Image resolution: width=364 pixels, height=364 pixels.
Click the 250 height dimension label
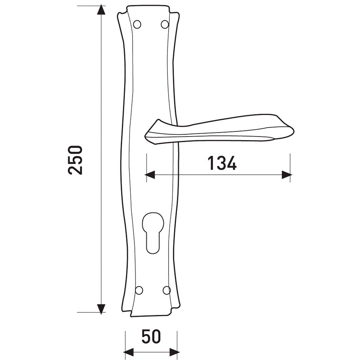[75, 160]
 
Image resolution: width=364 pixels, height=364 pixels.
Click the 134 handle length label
[222, 163]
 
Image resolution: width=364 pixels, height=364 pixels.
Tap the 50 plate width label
[151, 337]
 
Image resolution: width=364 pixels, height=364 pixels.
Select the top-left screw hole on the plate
[137, 24]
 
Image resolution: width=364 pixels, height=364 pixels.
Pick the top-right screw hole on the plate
[165, 24]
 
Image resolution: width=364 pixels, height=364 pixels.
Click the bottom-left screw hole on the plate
[139, 290]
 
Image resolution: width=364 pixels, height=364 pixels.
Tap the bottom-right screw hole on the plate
[166, 290]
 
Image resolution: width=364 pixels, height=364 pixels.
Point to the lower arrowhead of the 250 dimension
[101, 309]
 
